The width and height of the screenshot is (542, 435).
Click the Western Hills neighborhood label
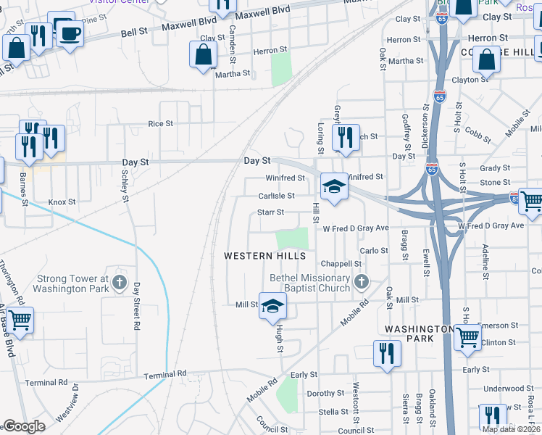tap(264, 256)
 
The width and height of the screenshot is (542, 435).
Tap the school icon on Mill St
tap(272, 307)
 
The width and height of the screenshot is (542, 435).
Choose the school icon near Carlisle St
tap(334, 187)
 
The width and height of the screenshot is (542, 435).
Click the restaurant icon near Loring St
tap(346, 136)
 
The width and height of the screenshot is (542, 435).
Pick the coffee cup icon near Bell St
tap(70, 33)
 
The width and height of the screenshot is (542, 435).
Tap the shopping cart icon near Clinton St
tap(467, 336)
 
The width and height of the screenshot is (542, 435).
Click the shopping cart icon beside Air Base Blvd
tap(20, 319)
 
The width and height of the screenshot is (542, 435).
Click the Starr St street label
tap(269, 212)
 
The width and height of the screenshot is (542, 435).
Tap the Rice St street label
tap(160, 124)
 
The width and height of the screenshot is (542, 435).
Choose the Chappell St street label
tap(341, 264)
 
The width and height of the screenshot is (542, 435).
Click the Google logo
tap(24, 426)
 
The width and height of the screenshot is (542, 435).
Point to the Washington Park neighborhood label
tap(419, 333)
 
